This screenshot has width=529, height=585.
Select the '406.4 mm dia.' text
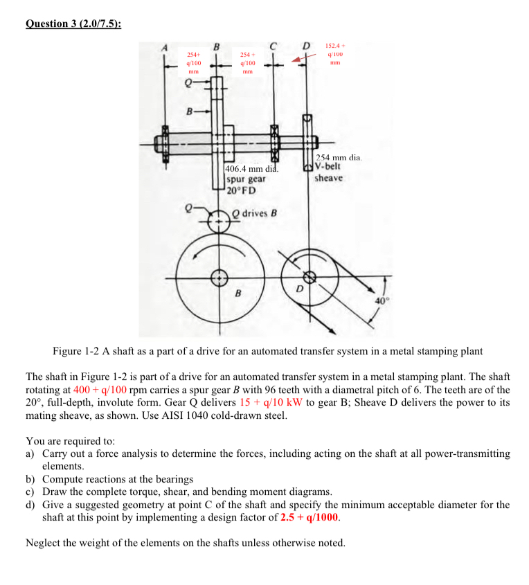(252, 168)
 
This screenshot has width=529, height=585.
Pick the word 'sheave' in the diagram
(328, 178)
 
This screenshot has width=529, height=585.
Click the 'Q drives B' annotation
(254, 213)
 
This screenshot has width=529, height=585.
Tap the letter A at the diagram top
(165, 47)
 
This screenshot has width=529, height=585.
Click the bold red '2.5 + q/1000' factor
(310, 517)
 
